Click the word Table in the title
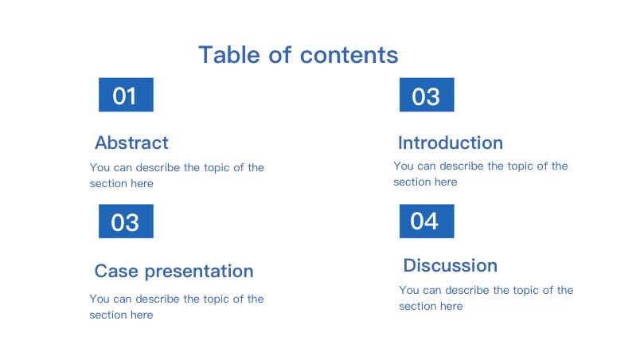tap(229, 55)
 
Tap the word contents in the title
tap(349, 56)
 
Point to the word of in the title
tap(280, 55)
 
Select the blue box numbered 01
tap(126, 95)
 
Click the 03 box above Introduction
tap(427, 95)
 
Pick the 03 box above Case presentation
tap(126, 221)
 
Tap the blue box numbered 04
tap(427, 221)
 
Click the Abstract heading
tap(131, 143)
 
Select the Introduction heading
tap(451, 143)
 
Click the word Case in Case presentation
tap(116, 271)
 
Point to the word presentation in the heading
tap(199, 272)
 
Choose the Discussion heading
tap(451, 265)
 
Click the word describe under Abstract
tap(158, 167)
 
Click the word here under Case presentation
tap(142, 315)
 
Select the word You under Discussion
tap(409, 290)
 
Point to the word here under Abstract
tap(142, 183)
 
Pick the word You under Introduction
tap(404, 166)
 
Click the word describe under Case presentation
tap(158, 299)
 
